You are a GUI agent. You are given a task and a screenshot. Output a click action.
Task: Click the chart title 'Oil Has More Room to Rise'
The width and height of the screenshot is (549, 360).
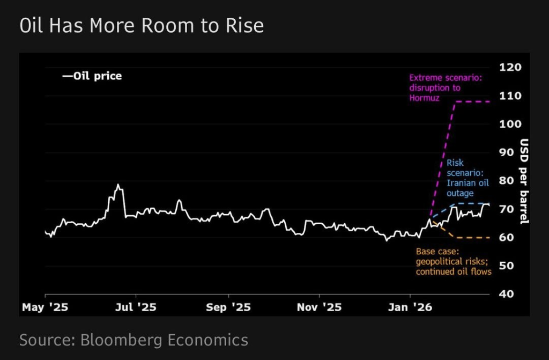142,26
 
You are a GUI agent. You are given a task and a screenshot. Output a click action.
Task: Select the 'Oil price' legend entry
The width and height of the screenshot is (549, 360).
92,76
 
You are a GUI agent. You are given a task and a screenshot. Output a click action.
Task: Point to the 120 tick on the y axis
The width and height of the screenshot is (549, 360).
510,68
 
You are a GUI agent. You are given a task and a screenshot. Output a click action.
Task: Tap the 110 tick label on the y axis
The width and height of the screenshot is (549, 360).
510,96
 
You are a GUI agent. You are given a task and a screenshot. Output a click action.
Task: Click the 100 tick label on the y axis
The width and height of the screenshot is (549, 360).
510,124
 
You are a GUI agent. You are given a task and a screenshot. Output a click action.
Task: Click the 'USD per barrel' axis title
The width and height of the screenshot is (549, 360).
524,181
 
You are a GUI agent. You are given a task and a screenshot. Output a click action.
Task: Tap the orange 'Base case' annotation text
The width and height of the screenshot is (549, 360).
454,261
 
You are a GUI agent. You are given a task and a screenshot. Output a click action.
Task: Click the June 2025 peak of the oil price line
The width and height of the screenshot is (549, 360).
118,185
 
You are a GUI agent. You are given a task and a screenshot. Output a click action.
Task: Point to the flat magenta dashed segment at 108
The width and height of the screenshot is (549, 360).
472,101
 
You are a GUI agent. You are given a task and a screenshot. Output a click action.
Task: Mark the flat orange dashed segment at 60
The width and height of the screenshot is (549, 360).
472,237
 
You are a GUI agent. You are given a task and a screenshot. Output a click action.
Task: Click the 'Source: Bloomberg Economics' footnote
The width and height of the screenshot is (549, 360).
134,340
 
